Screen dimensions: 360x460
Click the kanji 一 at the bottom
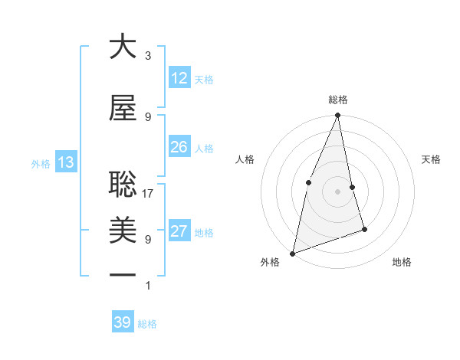[123, 273]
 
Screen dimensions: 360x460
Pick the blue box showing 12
[179, 78]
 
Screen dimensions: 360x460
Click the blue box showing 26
[179, 147]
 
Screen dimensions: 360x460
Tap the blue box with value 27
[179, 231]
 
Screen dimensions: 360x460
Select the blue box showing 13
[65, 162]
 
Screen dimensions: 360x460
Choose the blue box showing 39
[122, 322]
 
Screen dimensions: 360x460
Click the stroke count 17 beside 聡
[148, 194]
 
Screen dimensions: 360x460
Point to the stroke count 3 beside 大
[148, 56]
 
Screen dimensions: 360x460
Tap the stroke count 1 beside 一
[148, 286]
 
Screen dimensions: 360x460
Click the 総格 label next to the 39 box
[147, 324]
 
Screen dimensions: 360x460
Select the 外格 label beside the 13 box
[41, 163]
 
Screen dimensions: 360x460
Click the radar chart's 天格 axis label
[431, 159]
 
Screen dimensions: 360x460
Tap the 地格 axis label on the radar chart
[402, 262]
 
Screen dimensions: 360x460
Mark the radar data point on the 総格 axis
[337, 116]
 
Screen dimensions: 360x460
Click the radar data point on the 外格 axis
[293, 252]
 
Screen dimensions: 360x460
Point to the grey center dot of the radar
[337, 191]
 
